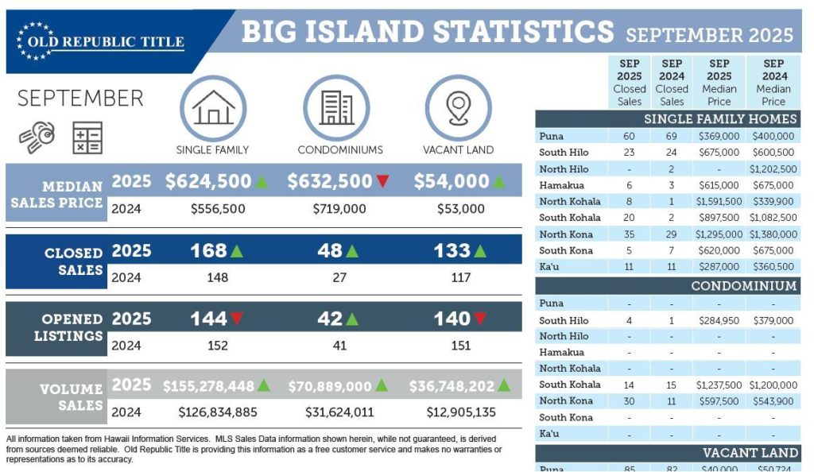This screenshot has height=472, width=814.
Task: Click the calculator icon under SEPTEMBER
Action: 87,137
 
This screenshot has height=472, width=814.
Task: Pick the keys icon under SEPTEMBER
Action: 37,137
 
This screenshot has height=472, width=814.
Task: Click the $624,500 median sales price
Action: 208,181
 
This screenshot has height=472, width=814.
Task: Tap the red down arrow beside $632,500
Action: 382,182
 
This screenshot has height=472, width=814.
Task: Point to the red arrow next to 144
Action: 237,319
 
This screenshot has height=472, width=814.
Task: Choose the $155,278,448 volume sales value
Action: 208,386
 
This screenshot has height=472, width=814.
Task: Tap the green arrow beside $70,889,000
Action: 382,385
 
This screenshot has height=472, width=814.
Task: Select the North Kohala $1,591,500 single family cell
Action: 719,201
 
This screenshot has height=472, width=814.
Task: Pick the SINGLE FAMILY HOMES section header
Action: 720,119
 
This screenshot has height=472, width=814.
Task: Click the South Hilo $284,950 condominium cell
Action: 719,320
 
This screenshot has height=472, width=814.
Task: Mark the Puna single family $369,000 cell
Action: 719,137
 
